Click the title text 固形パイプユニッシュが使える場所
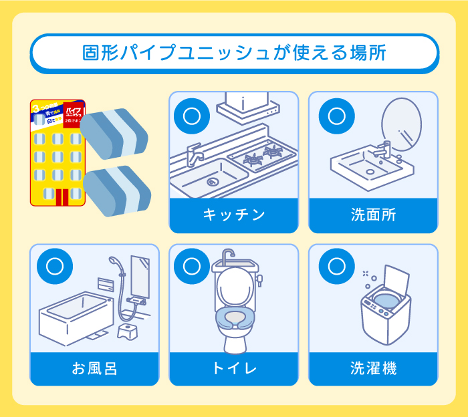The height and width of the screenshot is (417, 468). tap(234, 53)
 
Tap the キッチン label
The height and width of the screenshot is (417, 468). tap(233, 215)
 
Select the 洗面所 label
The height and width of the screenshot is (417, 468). tap(373, 215)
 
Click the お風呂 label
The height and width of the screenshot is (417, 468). tap(94, 368)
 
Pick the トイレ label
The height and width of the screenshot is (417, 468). tap(233, 368)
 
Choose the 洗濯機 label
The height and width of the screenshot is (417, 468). tap(373, 368)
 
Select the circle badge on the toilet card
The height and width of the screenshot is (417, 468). tap(191, 267)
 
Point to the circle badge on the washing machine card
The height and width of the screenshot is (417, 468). tap(331, 267)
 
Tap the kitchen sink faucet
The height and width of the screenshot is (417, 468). tap(194, 155)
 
